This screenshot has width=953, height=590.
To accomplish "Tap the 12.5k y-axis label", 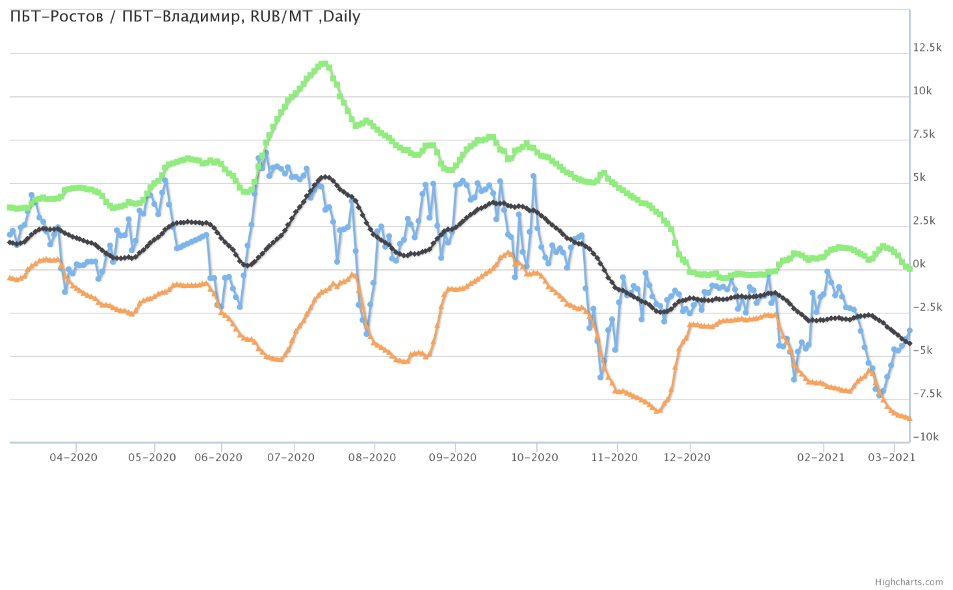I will [x=927, y=47].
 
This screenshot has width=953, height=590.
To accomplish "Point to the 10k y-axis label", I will [x=922, y=91].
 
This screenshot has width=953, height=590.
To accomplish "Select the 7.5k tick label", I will [x=924, y=134].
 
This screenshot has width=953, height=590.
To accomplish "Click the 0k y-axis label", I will [x=919, y=264].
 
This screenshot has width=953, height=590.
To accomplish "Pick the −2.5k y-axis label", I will [x=927, y=307].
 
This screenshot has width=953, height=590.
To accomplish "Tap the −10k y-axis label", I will [x=925, y=437].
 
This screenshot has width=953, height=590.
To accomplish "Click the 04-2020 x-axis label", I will [x=75, y=458].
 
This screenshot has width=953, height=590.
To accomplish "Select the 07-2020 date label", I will [x=291, y=458].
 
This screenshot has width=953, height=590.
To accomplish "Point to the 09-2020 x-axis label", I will [x=452, y=458].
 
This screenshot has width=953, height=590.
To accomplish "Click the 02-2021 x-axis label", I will [x=821, y=458].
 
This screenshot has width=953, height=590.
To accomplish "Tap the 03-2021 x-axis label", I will [x=892, y=458].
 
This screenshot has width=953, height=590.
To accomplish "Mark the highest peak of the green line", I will [x=324, y=64].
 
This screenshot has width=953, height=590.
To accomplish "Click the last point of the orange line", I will [x=909, y=419].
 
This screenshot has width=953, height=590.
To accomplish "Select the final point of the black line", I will [x=909, y=343].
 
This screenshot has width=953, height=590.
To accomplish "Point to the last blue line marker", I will [x=909, y=331].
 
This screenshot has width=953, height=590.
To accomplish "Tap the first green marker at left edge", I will [x=9, y=208].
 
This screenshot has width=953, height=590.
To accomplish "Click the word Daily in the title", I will [x=341, y=17].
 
